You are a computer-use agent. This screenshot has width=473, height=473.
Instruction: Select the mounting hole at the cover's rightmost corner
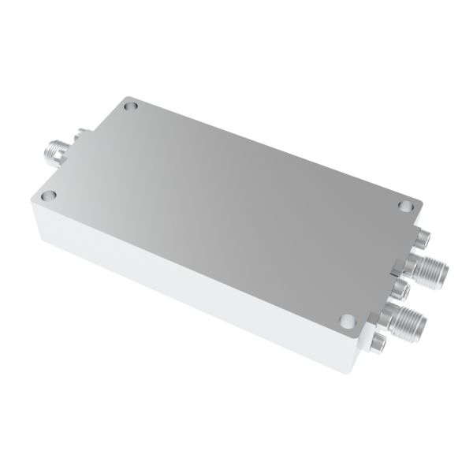(404, 207)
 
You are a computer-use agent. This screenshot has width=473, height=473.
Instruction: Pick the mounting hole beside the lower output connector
(347, 320)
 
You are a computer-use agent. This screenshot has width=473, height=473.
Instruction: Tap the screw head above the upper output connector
(423, 236)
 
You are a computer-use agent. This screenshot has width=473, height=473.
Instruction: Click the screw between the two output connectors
(403, 289)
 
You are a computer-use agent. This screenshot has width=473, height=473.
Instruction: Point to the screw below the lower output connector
(380, 342)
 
